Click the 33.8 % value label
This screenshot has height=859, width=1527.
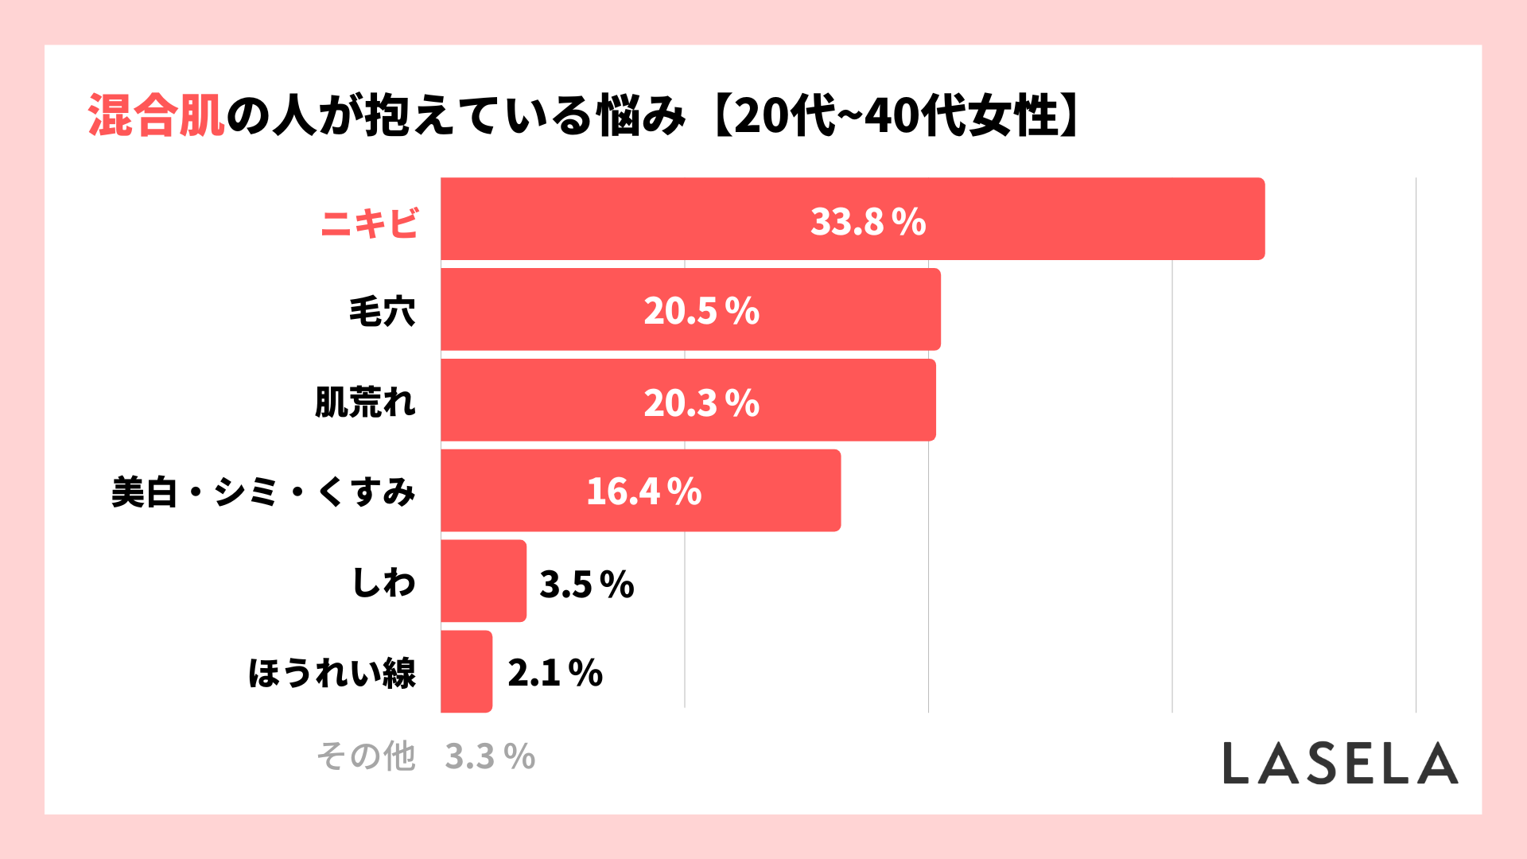click(x=868, y=222)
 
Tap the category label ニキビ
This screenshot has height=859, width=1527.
click(x=369, y=223)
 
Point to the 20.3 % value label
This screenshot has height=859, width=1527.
click(x=701, y=402)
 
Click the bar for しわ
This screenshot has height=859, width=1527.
click(x=483, y=581)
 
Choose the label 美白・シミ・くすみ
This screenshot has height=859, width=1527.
click(x=263, y=492)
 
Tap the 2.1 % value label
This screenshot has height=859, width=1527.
click(x=555, y=673)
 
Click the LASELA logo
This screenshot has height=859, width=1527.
click(x=1340, y=764)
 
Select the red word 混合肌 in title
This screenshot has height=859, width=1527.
click(x=156, y=116)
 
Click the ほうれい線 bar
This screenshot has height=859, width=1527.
click(x=466, y=671)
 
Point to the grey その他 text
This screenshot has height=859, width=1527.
click(x=366, y=756)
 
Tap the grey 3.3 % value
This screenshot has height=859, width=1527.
click(x=490, y=756)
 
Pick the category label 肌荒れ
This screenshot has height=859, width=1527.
click(x=365, y=402)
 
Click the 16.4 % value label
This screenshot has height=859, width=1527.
click(x=643, y=492)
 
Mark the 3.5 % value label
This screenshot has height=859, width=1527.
click(x=586, y=585)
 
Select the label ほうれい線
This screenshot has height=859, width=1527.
click(x=332, y=673)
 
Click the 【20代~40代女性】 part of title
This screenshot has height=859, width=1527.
click(x=895, y=116)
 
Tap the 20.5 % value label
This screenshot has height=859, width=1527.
click(x=701, y=311)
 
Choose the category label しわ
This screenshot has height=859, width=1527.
click(x=383, y=582)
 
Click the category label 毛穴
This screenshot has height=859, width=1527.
click(x=382, y=311)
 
